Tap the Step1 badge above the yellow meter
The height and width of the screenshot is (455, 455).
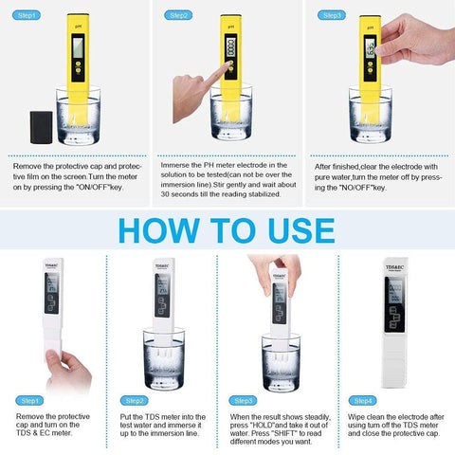[x=27, y=15]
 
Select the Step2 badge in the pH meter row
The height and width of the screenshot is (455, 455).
[x=178, y=15]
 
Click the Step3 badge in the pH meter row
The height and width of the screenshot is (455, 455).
[x=332, y=15]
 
